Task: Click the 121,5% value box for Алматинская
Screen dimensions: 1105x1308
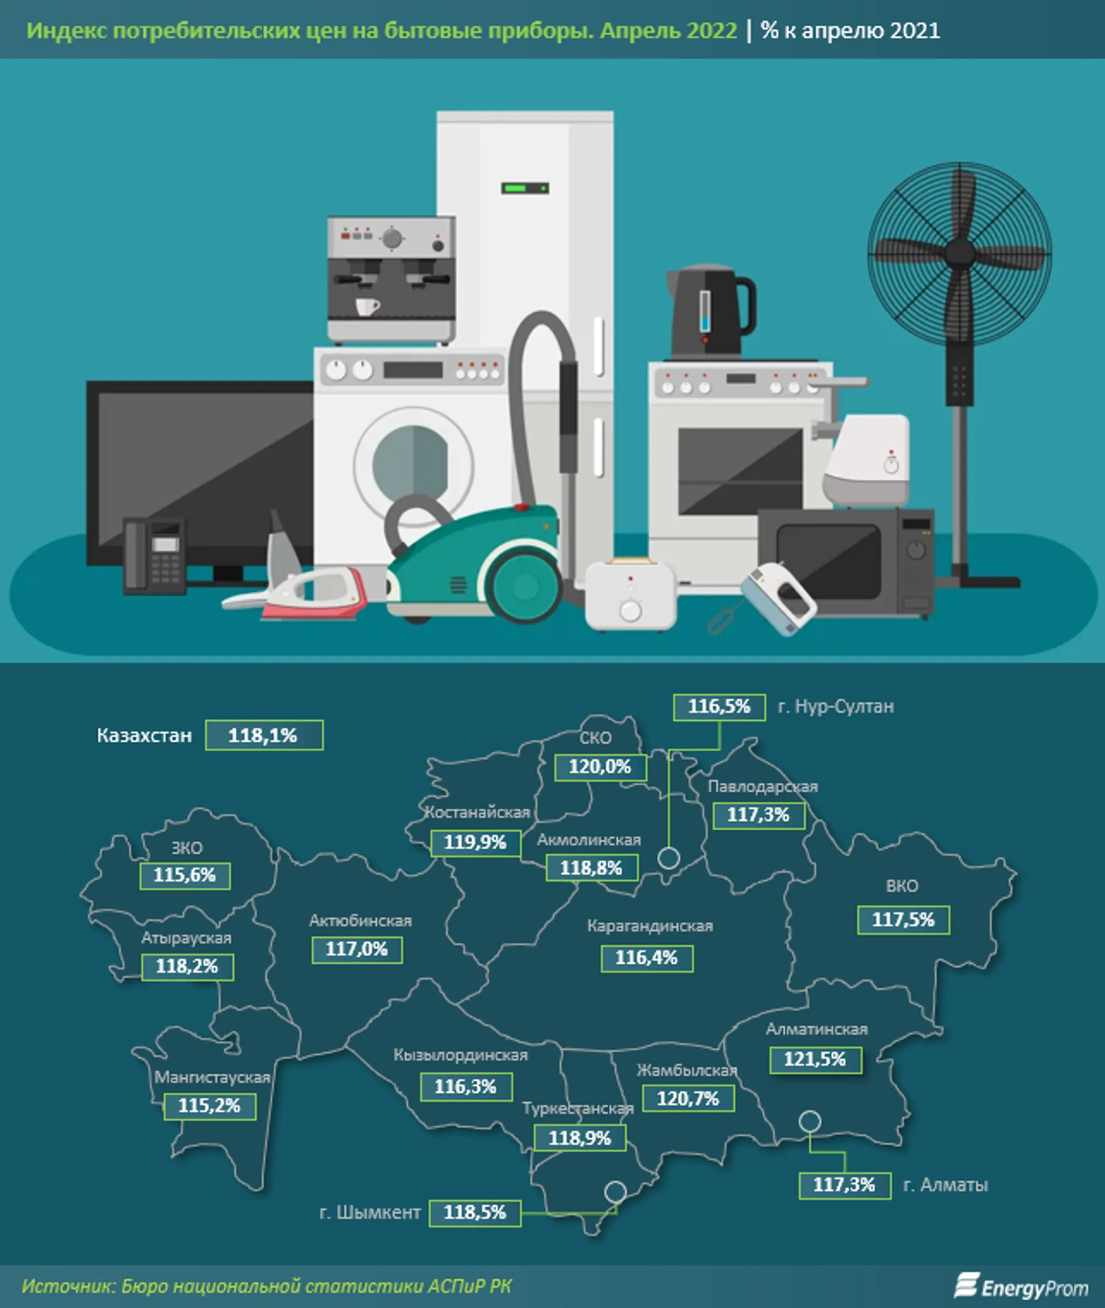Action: pos(815,1059)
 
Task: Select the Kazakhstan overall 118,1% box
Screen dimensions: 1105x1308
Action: pos(264,735)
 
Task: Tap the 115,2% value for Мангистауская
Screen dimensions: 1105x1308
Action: pos(210,1105)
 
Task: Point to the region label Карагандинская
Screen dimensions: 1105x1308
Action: pos(650,926)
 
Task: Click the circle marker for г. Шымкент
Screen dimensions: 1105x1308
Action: pos(615,1191)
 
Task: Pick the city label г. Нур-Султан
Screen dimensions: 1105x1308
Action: pos(835,706)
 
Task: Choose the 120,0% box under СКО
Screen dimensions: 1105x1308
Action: pos(600,766)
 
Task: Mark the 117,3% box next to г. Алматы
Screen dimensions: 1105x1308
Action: pos(845,1185)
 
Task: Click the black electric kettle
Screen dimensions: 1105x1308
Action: pos(710,312)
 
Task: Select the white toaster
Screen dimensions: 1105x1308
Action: pos(631,593)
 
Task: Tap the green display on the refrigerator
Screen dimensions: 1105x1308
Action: pos(525,188)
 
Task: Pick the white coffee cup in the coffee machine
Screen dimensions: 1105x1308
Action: pos(368,306)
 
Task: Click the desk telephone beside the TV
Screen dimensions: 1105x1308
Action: pos(154,555)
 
